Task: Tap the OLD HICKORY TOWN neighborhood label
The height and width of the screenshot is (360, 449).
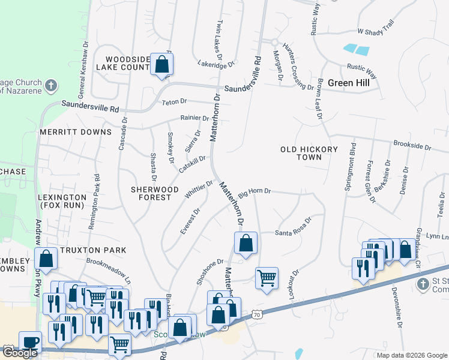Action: click(x=309, y=153)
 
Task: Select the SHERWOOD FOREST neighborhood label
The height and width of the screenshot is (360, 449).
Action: click(x=155, y=193)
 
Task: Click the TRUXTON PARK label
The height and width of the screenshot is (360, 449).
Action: click(x=93, y=250)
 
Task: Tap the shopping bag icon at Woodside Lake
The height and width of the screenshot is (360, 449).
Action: click(x=161, y=64)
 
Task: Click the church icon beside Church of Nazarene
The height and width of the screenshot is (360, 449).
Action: click(x=51, y=85)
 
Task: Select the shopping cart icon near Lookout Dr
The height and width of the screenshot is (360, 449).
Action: click(x=267, y=278)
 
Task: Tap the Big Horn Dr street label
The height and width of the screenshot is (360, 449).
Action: click(x=255, y=192)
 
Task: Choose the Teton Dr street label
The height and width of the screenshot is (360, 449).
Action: click(x=175, y=103)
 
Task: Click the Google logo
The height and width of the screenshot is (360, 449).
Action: click(x=19, y=353)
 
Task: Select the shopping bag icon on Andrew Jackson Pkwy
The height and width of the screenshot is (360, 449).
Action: click(x=46, y=259)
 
